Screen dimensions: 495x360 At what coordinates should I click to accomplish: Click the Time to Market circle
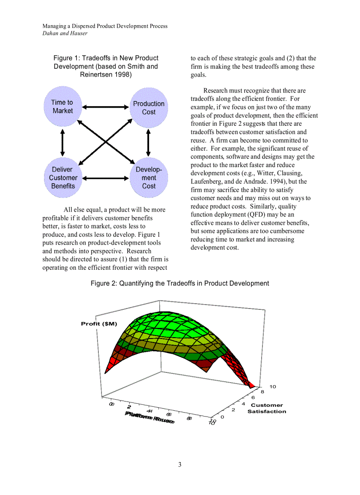62,106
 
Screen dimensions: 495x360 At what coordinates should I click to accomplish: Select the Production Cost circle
149,108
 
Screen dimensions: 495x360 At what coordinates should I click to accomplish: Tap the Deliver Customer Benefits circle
63,178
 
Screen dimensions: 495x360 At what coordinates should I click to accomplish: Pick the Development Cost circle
149,178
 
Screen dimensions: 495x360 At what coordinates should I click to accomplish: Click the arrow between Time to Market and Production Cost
105,107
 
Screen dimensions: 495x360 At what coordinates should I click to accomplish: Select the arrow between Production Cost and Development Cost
148,142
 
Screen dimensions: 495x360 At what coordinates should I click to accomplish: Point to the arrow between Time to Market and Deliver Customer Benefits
63,142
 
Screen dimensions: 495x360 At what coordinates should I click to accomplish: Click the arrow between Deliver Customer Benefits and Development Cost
105,178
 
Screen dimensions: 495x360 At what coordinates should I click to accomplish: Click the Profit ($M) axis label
99,324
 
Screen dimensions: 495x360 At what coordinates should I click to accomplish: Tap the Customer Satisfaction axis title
266,408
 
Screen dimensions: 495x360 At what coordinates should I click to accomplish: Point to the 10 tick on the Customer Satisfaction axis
273,387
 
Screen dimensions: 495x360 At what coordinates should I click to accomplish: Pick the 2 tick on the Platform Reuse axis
129,406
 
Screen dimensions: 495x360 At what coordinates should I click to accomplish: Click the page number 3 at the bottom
180,465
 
